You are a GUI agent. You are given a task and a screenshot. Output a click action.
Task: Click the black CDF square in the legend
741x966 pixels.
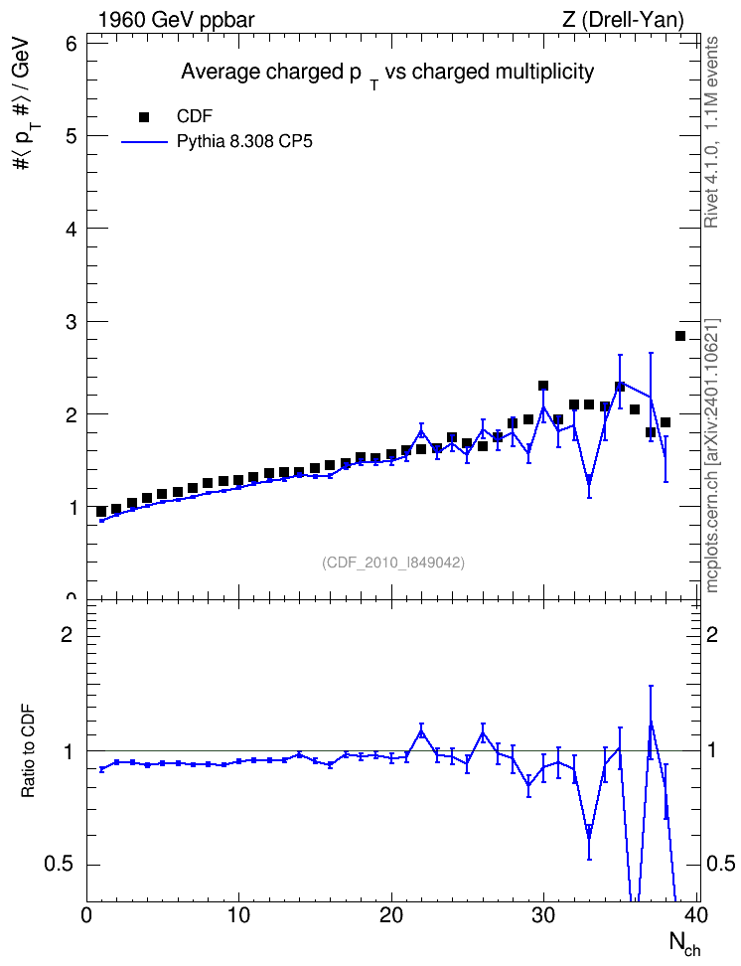(144, 117)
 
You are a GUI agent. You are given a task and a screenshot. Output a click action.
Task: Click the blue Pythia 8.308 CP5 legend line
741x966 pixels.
(144, 142)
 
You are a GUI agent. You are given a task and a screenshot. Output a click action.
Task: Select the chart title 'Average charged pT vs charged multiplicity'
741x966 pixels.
(387, 74)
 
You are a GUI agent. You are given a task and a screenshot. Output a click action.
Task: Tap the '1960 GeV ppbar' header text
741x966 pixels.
(176, 20)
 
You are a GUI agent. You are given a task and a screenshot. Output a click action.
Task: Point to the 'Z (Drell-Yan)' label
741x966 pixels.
(623, 20)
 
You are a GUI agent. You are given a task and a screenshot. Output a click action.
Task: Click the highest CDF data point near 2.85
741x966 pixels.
(680, 336)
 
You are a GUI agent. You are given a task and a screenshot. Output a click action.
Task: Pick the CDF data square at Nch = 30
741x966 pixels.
(543, 386)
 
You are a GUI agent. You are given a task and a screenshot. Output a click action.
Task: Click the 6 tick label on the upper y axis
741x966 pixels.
(72, 44)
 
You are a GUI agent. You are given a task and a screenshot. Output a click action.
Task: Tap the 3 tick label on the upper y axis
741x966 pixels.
(72, 322)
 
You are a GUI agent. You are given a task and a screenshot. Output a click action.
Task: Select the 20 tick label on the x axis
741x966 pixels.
(391, 915)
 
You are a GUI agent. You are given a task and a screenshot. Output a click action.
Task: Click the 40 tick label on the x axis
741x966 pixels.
(696, 915)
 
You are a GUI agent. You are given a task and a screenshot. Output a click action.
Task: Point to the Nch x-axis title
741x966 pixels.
(684, 944)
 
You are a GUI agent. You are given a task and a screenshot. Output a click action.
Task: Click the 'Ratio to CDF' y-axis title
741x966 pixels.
(29, 751)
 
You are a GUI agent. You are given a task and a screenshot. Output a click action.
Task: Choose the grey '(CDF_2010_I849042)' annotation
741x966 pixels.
(393, 563)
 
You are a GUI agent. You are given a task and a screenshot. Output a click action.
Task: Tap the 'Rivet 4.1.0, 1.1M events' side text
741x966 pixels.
(711, 132)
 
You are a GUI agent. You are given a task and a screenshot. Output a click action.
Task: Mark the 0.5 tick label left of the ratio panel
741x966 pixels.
(59, 865)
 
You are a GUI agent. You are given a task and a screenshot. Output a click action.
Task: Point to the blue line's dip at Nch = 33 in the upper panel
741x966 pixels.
(589, 479)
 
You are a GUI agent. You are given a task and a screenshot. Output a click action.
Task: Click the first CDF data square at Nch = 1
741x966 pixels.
(101, 512)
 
